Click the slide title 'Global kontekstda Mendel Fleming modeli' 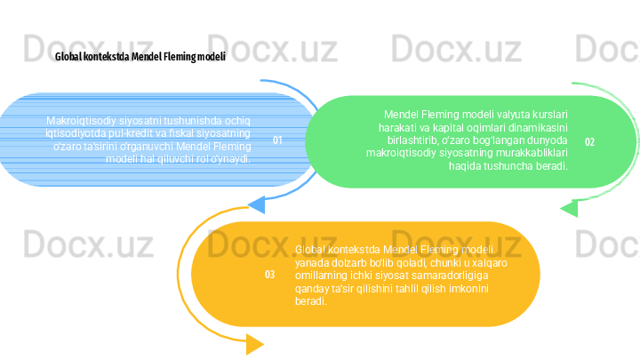point(140,56)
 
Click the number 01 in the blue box point(277,140)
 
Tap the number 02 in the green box point(590,142)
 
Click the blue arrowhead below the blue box point(256,205)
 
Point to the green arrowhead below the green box point(569,209)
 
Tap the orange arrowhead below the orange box point(254,344)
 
